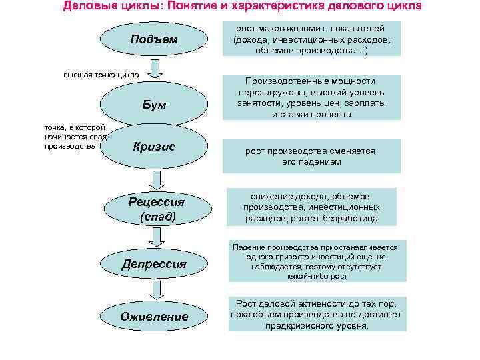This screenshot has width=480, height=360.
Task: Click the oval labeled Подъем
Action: click(x=154, y=39)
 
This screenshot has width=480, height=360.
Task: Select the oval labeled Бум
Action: click(x=154, y=105)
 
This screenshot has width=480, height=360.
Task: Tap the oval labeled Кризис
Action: click(x=154, y=147)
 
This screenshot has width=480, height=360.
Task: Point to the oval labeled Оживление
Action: click(x=154, y=316)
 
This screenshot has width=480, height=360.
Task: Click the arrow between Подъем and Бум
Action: click(x=155, y=69)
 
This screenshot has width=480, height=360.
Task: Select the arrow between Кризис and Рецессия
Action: click(x=155, y=179)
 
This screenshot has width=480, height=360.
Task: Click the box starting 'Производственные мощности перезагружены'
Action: click(x=311, y=97)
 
